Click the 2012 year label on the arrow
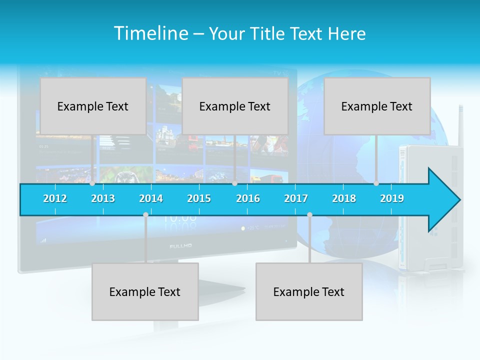[55, 198]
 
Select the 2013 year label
[103, 198]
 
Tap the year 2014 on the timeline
[151, 198]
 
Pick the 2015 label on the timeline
[199, 198]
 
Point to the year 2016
[248, 198]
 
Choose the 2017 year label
[296, 198]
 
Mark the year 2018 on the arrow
[344, 198]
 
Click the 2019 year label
[392, 198]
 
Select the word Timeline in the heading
[150, 33]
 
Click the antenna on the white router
[460, 125]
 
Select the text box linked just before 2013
[93, 106]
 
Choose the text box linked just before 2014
[145, 291]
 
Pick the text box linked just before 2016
[235, 106]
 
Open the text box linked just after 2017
[309, 291]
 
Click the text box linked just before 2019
[377, 106]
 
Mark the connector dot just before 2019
[376, 183]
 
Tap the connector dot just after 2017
[309, 215]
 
